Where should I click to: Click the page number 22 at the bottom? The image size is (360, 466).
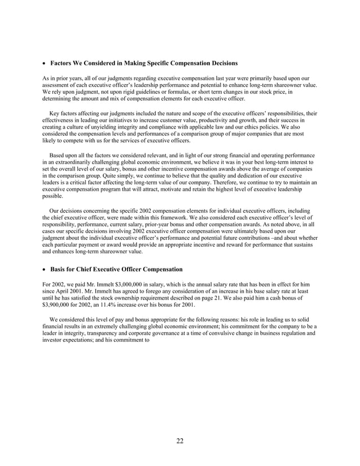(x=179, y=441)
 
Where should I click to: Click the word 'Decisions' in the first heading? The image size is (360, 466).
(x=222, y=61)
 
